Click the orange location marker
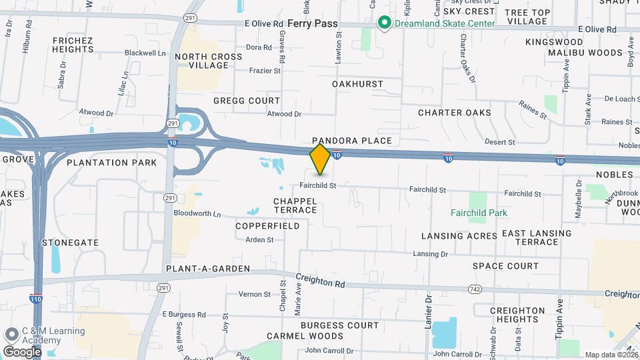click(x=321, y=159)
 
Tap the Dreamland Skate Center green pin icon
click(x=384, y=23)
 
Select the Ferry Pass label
click(x=313, y=23)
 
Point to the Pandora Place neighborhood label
click(x=352, y=141)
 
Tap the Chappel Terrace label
click(x=295, y=205)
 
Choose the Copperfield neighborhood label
click(x=267, y=226)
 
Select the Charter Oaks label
click(x=455, y=113)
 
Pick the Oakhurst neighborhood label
click(x=358, y=84)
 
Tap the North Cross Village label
click(x=209, y=61)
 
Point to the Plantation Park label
click(x=112, y=162)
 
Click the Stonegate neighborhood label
click(x=70, y=243)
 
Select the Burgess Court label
click(x=339, y=325)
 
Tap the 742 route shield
click(x=475, y=289)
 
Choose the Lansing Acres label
click(x=459, y=236)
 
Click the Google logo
click(x=22, y=351)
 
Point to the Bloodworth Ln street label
click(x=197, y=214)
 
